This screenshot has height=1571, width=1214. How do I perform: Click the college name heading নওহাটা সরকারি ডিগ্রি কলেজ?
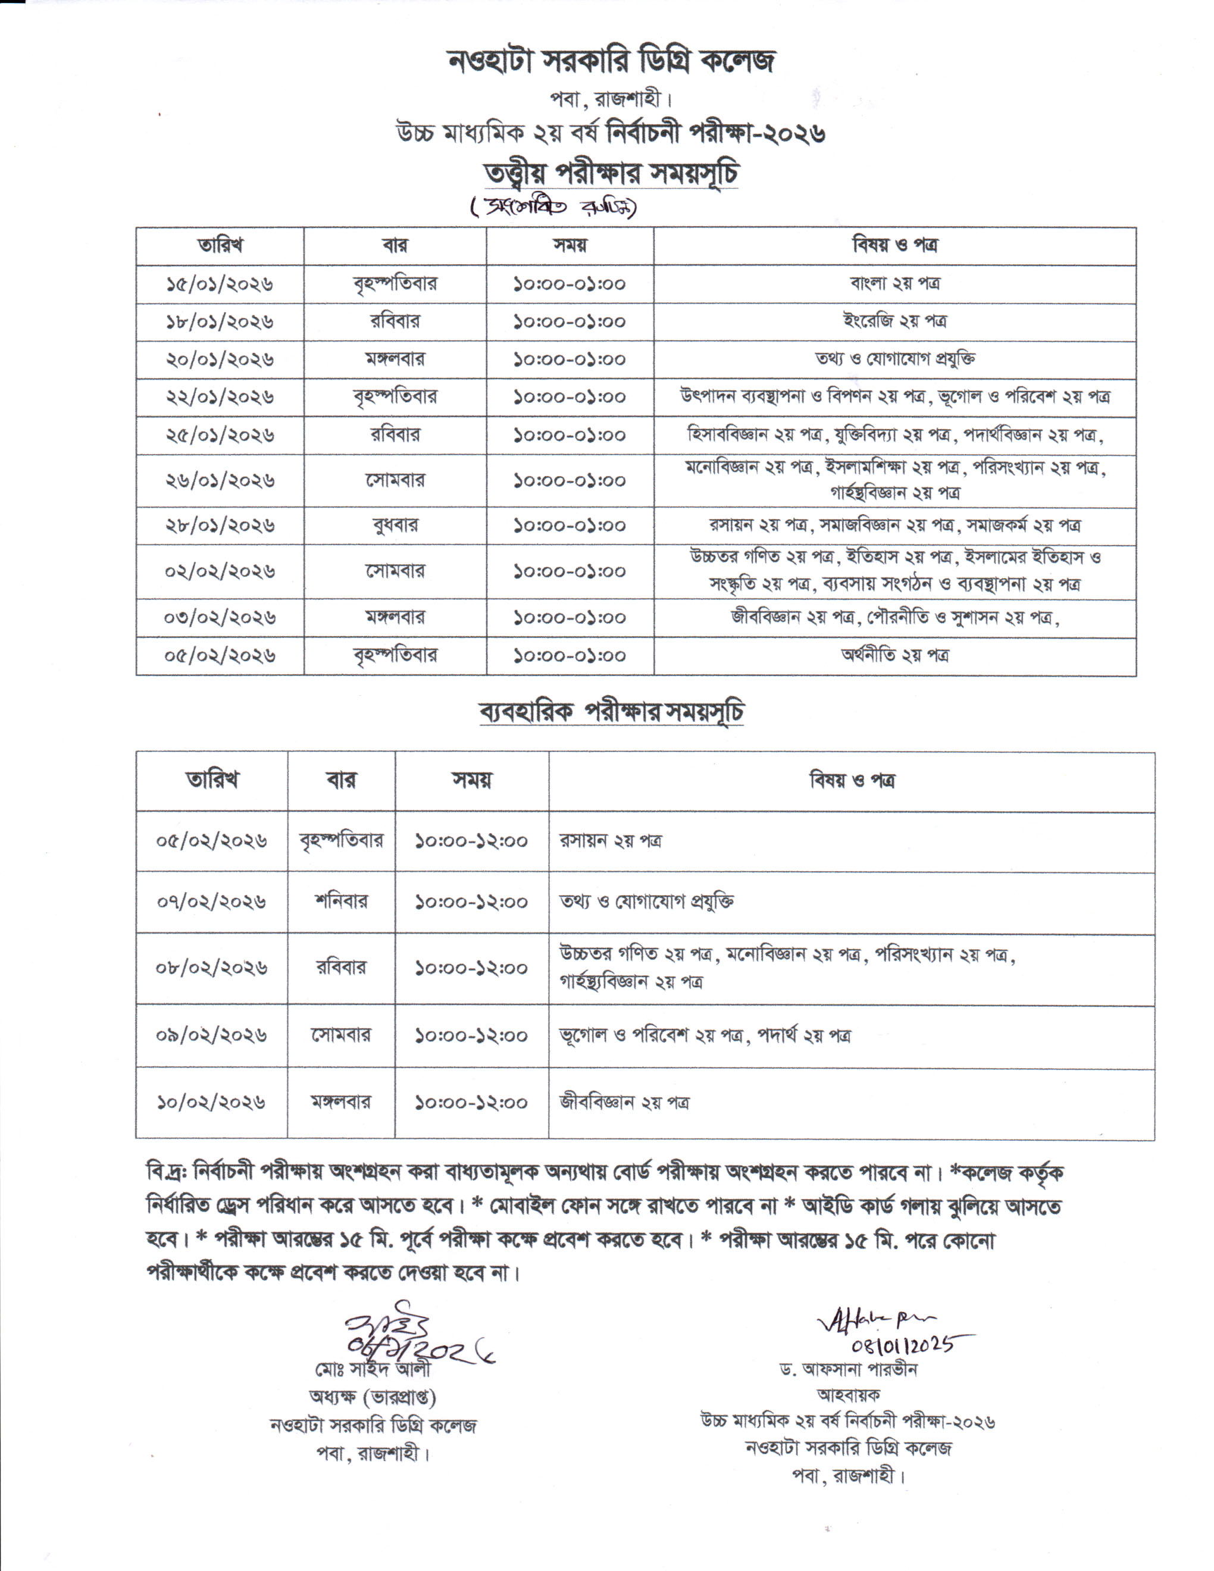[611, 62]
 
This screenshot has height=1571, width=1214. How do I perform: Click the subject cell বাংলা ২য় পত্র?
[894, 283]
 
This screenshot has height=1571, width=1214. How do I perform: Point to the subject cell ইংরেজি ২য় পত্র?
[894, 321]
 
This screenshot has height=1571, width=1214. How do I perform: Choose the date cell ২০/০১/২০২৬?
[220, 359]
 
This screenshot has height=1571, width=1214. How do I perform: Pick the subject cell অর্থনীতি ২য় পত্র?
[894, 655]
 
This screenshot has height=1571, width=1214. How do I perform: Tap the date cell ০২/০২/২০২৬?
[220, 571]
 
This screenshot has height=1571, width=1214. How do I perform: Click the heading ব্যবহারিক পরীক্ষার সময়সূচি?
[611, 712]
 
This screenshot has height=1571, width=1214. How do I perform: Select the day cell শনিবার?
[341, 902]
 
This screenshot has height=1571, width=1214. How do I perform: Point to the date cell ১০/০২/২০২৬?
[211, 1102]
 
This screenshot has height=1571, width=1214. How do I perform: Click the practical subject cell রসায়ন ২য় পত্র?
[611, 841]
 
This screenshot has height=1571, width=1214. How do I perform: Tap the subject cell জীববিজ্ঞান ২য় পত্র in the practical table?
[624, 1102]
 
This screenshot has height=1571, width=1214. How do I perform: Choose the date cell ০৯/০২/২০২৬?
[211, 1035]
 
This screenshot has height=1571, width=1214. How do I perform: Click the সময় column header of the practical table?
[472, 781]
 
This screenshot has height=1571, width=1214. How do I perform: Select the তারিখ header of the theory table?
[220, 246]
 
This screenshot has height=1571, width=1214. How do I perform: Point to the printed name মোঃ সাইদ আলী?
[373, 1368]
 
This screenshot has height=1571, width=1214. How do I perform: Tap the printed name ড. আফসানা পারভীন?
[849, 1369]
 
